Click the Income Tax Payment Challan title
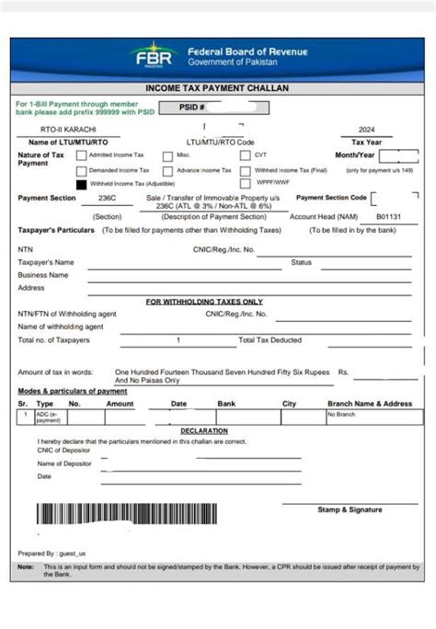pyautogui.click(x=217, y=87)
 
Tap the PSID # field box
pyautogui.click(x=212, y=108)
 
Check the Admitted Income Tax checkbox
pyautogui.click(x=82, y=155)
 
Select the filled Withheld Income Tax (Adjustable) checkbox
pyautogui.click(x=82, y=184)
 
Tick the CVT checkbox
pyautogui.click(x=246, y=155)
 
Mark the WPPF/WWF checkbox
pyautogui.click(x=246, y=184)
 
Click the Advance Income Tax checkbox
pyautogui.click(x=167, y=170)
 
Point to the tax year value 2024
pyautogui.click(x=367, y=131)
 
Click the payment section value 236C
pyautogui.click(x=107, y=198)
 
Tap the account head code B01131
pyautogui.click(x=390, y=216)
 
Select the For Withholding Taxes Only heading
pyautogui.click(x=204, y=302)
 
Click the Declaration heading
pyautogui.click(x=204, y=430)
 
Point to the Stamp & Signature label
pyautogui.click(x=350, y=509)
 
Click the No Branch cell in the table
pyautogui.click(x=340, y=415)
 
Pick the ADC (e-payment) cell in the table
pyautogui.click(x=48, y=417)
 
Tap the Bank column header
pyautogui.click(x=226, y=404)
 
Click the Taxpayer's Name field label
pyautogui.click(x=46, y=262)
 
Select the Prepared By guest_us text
pyautogui.click(x=52, y=554)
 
